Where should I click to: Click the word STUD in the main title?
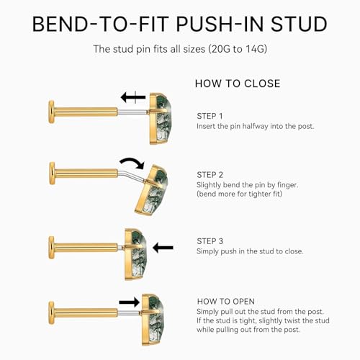[x=299, y=24]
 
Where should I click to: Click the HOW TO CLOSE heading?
[x=238, y=84]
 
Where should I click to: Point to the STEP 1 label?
[x=210, y=116]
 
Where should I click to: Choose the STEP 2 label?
[x=210, y=175]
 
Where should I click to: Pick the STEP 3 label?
[x=210, y=241]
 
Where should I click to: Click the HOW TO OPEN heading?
[x=226, y=301]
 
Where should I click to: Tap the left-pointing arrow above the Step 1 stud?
[x=133, y=97]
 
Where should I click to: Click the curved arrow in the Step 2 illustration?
[x=133, y=161]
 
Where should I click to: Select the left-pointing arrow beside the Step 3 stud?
[x=163, y=248]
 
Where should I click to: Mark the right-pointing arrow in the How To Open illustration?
[x=130, y=302]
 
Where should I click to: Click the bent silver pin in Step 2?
[x=131, y=175]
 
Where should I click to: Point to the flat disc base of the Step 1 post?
[x=51, y=112]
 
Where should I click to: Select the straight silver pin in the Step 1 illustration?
[x=132, y=112]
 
